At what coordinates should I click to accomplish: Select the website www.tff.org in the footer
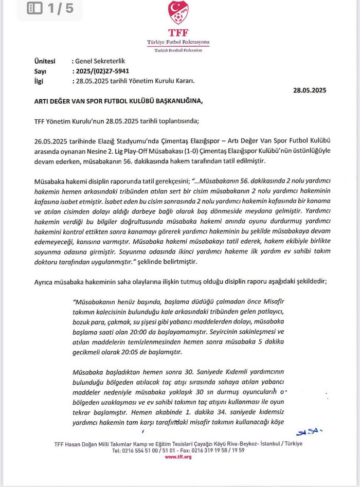pyautogui.click(x=178, y=457)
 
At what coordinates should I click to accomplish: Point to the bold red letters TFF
pyautogui.click(x=178, y=32)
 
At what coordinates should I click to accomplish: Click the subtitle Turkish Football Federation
pyautogui.click(x=178, y=50)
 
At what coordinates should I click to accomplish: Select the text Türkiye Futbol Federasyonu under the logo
pyautogui.click(x=178, y=42)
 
